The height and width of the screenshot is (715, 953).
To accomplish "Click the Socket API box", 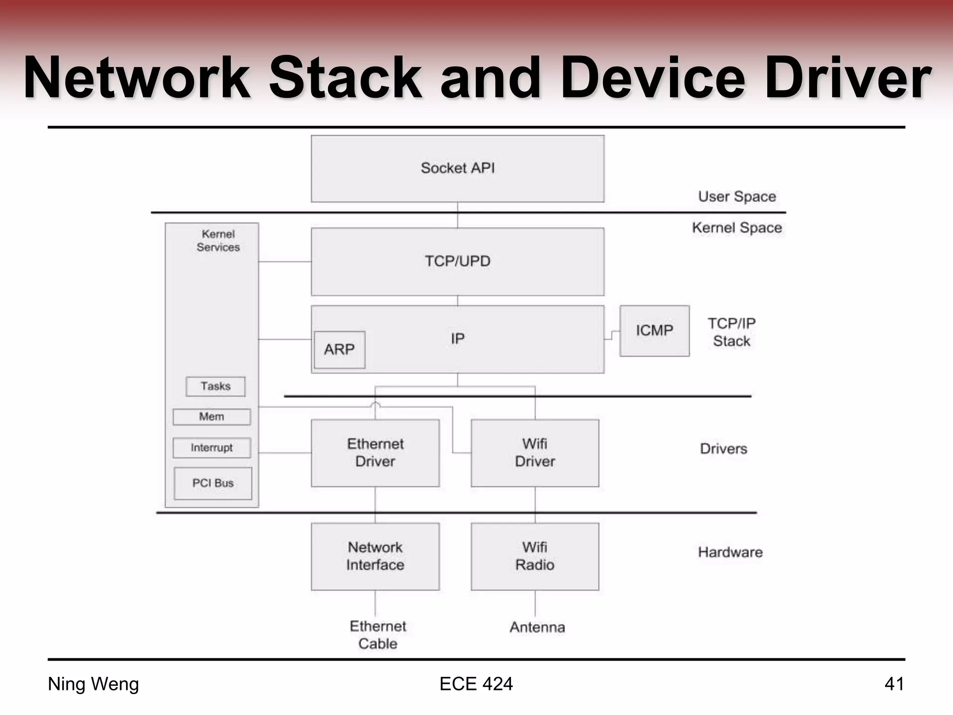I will pyautogui.click(x=457, y=169).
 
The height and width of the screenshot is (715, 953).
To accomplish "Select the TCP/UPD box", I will pyautogui.click(x=457, y=262).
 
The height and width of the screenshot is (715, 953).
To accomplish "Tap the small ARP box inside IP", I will pyautogui.click(x=340, y=350).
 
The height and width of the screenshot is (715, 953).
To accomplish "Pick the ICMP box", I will pyautogui.click(x=654, y=331).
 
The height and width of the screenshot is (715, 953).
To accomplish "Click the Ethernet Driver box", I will pyautogui.click(x=375, y=453).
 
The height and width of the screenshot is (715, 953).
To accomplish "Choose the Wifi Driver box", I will pyautogui.click(x=535, y=453).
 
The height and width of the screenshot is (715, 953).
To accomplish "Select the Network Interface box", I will pyautogui.click(x=375, y=556).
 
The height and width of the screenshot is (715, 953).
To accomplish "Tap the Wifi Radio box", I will pyautogui.click(x=535, y=556).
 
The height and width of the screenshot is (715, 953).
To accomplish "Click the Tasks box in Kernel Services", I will pyautogui.click(x=215, y=386).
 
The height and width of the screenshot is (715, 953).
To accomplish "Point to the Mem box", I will pyautogui.click(x=212, y=417).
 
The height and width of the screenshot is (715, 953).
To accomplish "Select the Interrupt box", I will pyautogui.click(x=212, y=448).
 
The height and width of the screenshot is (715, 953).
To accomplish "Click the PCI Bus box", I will pyautogui.click(x=213, y=483).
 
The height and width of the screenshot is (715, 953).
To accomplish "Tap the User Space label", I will pyautogui.click(x=737, y=196).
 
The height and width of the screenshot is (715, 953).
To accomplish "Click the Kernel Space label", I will pyautogui.click(x=737, y=228).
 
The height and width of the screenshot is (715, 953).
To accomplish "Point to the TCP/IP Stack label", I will pyautogui.click(x=732, y=332).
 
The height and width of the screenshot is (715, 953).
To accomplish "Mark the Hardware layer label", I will pyautogui.click(x=730, y=553).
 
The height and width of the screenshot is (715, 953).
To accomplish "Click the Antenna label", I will pyautogui.click(x=537, y=627).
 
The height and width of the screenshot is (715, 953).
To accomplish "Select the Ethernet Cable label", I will pyautogui.click(x=378, y=635).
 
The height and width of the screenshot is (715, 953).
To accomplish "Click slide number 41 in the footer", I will pyautogui.click(x=894, y=684).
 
